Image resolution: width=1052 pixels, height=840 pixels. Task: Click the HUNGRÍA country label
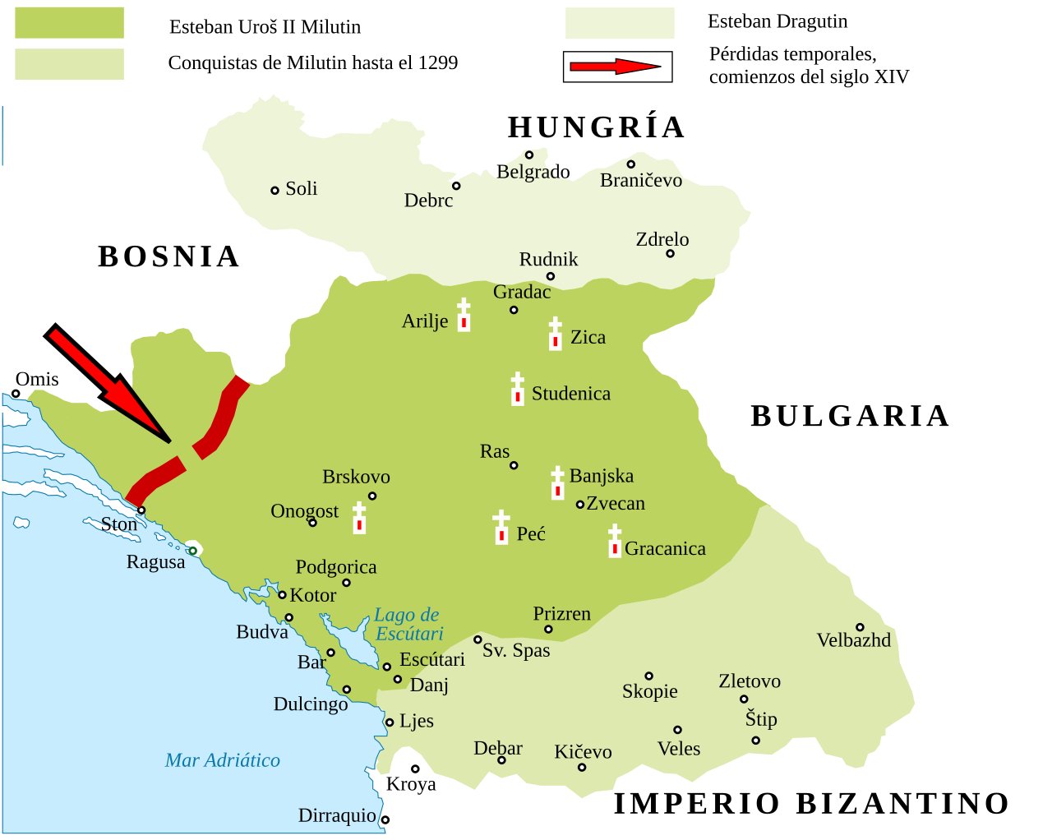(x=596, y=127)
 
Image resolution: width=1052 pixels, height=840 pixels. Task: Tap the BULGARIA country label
(x=850, y=416)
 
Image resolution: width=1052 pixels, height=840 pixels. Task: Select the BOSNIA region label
(x=168, y=256)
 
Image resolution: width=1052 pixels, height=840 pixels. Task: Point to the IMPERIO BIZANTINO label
(x=812, y=803)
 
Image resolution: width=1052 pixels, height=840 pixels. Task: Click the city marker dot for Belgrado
(x=529, y=155)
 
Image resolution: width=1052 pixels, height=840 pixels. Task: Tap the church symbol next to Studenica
(x=517, y=389)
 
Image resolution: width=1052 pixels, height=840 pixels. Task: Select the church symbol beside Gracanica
(x=615, y=542)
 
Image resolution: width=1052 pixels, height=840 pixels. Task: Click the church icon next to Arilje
(x=464, y=316)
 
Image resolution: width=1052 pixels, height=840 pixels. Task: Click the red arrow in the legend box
(x=616, y=67)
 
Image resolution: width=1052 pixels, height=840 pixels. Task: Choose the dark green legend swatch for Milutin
(x=69, y=23)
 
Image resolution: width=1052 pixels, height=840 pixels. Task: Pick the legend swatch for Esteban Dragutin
(x=619, y=23)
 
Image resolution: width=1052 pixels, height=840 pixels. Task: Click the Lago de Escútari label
(x=408, y=624)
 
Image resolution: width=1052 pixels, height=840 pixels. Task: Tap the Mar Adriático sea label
(x=222, y=760)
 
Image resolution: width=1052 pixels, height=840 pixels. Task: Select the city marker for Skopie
(x=648, y=676)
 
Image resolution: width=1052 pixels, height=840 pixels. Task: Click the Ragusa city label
(x=155, y=562)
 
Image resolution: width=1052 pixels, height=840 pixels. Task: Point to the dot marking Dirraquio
(x=385, y=819)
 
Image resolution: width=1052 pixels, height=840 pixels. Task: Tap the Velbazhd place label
(x=853, y=640)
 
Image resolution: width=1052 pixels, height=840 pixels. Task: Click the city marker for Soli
(x=275, y=190)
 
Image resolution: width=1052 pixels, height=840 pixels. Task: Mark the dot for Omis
(x=16, y=394)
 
